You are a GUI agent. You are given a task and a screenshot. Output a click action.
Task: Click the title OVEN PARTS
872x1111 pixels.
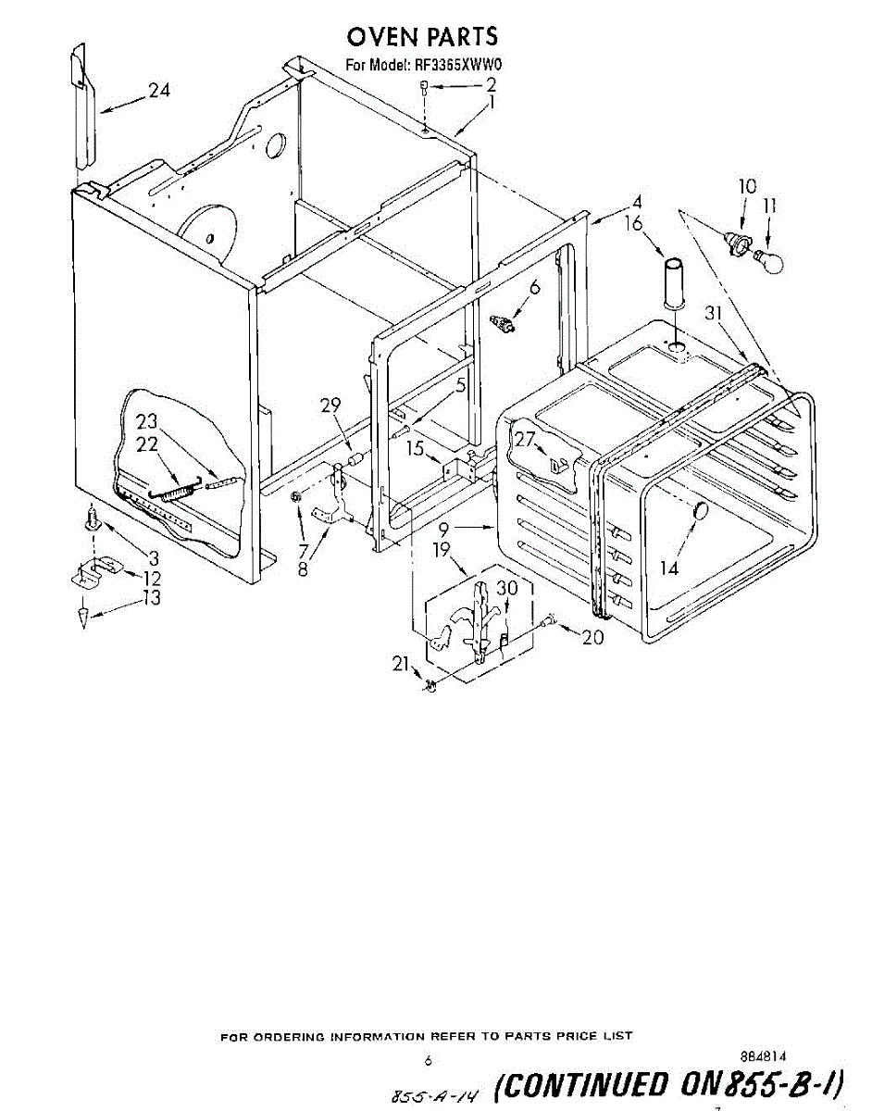coord(422,37)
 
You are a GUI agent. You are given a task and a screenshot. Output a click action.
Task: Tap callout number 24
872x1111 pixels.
coord(159,91)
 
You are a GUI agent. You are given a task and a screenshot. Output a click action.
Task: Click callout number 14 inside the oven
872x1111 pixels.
coord(668,568)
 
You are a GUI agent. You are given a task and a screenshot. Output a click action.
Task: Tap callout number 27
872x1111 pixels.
coord(526,439)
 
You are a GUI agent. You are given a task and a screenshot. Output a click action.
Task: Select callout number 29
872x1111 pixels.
coord(330,405)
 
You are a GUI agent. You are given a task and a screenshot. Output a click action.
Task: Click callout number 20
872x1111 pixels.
coord(593,638)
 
